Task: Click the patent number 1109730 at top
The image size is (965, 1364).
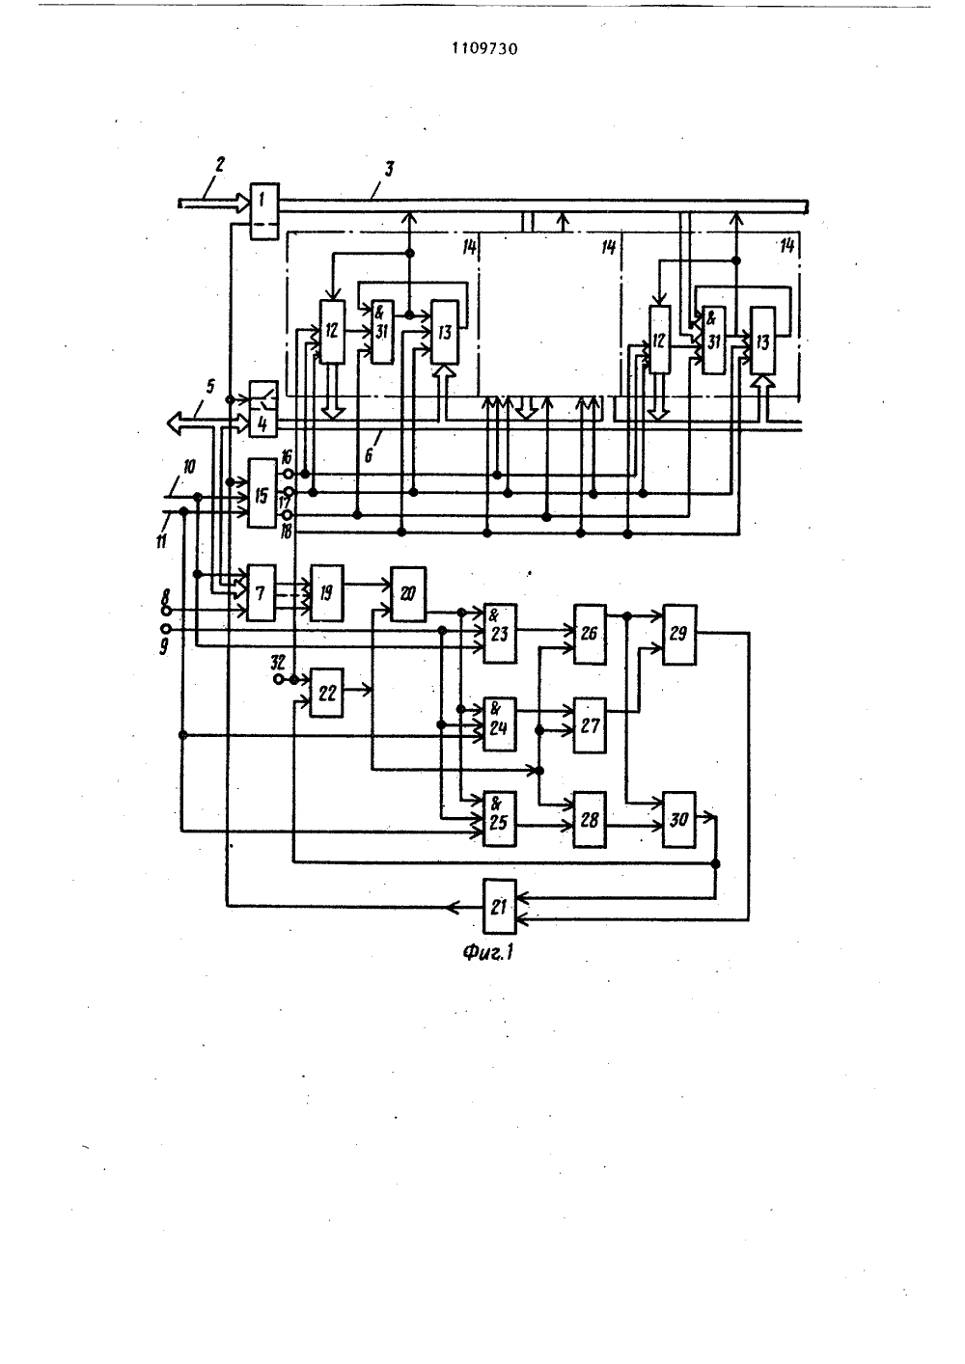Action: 484,48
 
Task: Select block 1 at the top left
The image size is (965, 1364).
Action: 264,210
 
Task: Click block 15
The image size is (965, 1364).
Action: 262,493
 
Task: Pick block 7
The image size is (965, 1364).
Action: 261,592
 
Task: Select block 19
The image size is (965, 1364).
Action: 327,592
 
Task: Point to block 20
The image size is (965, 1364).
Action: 408,593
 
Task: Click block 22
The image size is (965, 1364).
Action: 327,693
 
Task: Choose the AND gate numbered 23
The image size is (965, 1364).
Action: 500,633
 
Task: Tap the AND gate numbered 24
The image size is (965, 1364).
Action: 500,724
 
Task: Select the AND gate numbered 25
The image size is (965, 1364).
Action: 500,819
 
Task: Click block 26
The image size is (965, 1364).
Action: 590,634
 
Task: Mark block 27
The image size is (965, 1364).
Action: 590,725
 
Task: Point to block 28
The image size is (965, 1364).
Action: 590,820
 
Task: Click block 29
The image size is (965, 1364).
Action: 679,635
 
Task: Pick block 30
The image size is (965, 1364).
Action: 679,820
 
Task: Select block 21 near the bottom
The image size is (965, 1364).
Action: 500,906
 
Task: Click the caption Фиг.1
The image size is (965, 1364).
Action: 487,952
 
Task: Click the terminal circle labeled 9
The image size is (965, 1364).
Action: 165,628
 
